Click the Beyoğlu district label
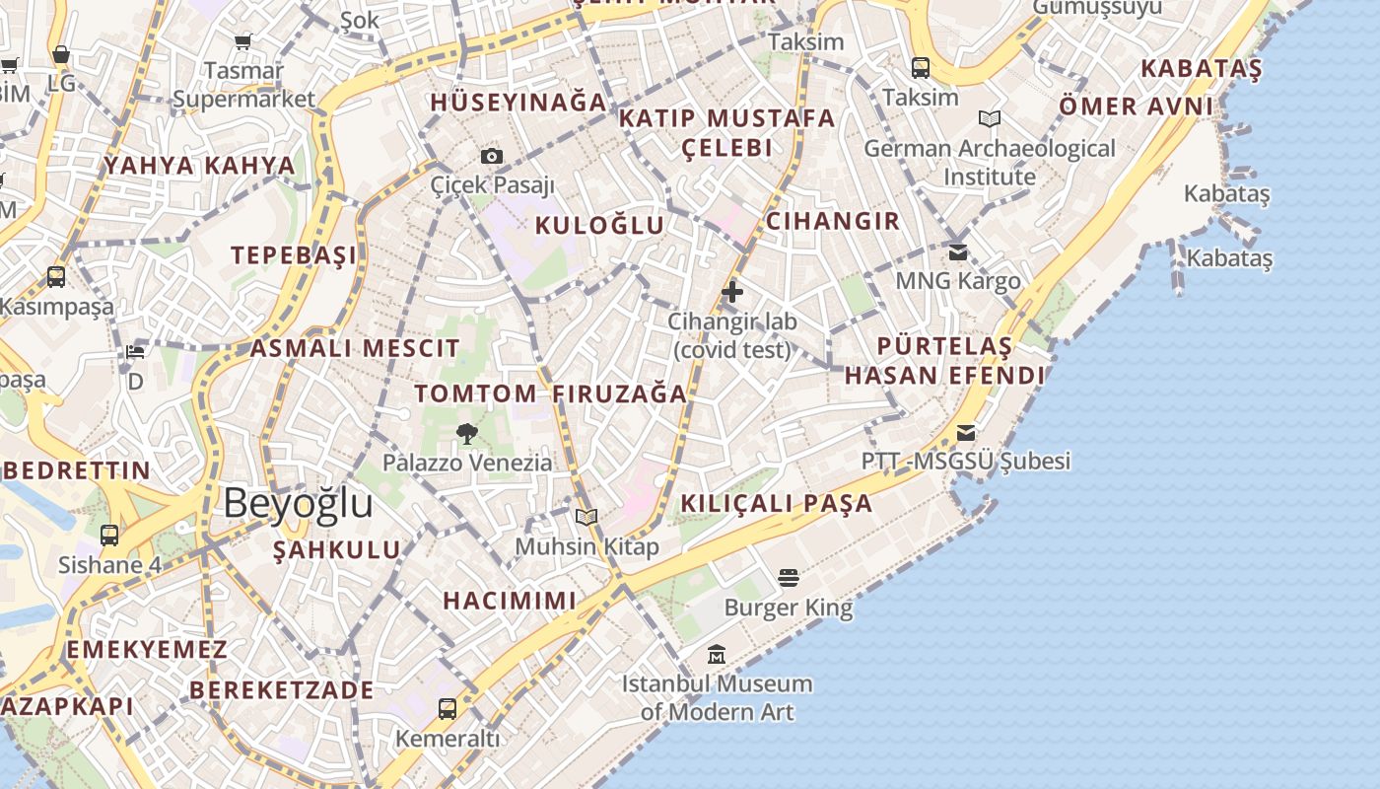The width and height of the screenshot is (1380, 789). click(x=298, y=503)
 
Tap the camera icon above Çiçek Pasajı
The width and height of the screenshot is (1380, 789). click(x=491, y=156)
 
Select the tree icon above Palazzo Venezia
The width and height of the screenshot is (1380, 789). click(x=467, y=433)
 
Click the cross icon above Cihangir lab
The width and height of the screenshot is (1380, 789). click(x=732, y=291)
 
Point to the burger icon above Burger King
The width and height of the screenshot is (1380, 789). click(x=788, y=577)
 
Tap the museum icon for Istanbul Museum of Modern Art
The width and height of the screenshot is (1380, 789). click(x=717, y=654)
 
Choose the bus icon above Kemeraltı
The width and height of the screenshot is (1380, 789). click(x=448, y=708)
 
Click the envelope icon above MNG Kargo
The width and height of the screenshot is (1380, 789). click(x=957, y=251)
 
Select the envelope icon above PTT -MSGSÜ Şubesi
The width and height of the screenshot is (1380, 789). click(x=966, y=432)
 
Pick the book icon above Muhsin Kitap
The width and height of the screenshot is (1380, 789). click(x=586, y=517)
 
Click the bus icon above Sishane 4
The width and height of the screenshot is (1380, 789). click(x=109, y=536)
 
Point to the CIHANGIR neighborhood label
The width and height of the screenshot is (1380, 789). click(x=833, y=221)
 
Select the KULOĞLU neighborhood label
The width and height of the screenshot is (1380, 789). click(x=599, y=225)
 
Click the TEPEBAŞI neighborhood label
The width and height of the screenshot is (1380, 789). click(x=294, y=255)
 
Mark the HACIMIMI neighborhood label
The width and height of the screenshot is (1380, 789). click(x=509, y=601)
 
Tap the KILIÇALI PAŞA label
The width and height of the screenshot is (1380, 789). click(x=777, y=503)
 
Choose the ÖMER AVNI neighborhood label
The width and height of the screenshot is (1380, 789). click(x=1136, y=106)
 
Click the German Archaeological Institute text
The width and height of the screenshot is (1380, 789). click(x=990, y=163)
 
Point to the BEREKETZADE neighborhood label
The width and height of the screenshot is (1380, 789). click(x=282, y=689)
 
